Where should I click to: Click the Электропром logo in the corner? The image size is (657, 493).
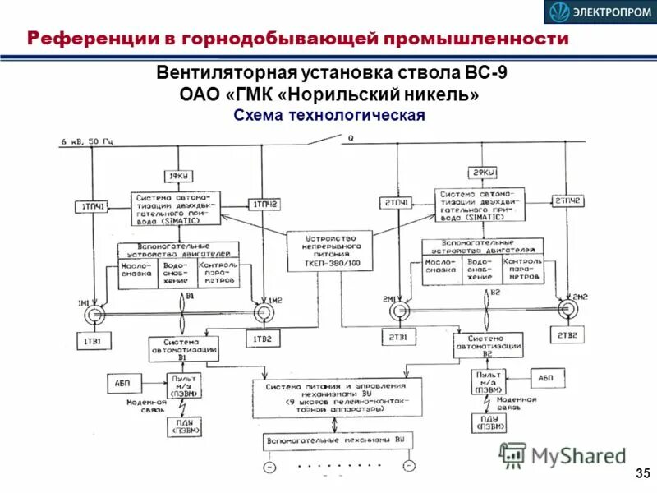[598, 12]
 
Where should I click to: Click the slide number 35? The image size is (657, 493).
[641, 472]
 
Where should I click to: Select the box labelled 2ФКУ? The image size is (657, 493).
[482, 172]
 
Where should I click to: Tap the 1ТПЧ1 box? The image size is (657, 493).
[93, 205]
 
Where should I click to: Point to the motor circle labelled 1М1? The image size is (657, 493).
[96, 313]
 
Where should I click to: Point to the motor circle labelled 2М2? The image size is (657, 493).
[567, 307]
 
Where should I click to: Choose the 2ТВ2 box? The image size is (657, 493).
[567, 335]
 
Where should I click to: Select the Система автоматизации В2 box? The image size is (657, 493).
[489, 344]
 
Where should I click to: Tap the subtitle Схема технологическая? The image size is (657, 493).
[328, 114]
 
